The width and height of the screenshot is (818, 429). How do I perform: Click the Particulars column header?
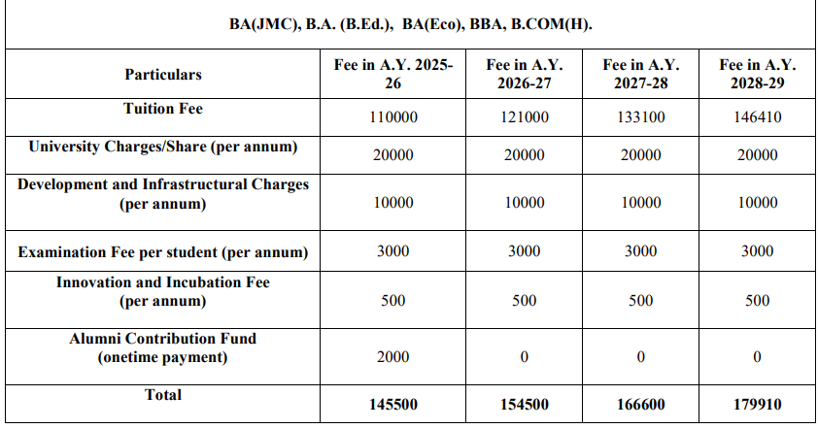click(x=163, y=75)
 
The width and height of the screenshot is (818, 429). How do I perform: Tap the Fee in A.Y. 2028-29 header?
click(x=757, y=75)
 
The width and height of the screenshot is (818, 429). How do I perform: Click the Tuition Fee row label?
click(x=163, y=110)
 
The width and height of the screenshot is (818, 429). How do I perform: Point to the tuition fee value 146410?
click(x=757, y=118)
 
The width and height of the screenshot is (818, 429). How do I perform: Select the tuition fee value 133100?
click(x=640, y=118)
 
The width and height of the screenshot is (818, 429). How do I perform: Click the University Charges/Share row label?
click(x=163, y=148)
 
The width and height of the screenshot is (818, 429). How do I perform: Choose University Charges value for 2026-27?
click(x=525, y=155)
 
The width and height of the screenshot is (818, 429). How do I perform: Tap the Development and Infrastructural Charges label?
click(x=163, y=194)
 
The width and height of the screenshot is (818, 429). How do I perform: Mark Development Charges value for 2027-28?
click(x=640, y=203)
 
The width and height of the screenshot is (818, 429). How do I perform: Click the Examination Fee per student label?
click(x=163, y=253)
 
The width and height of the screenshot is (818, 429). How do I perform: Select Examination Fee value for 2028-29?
click(x=757, y=251)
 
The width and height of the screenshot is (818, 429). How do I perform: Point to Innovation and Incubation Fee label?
click(x=163, y=291)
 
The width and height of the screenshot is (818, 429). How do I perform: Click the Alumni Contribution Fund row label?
click(x=163, y=348)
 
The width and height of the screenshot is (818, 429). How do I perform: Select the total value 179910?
click(x=757, y=404)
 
